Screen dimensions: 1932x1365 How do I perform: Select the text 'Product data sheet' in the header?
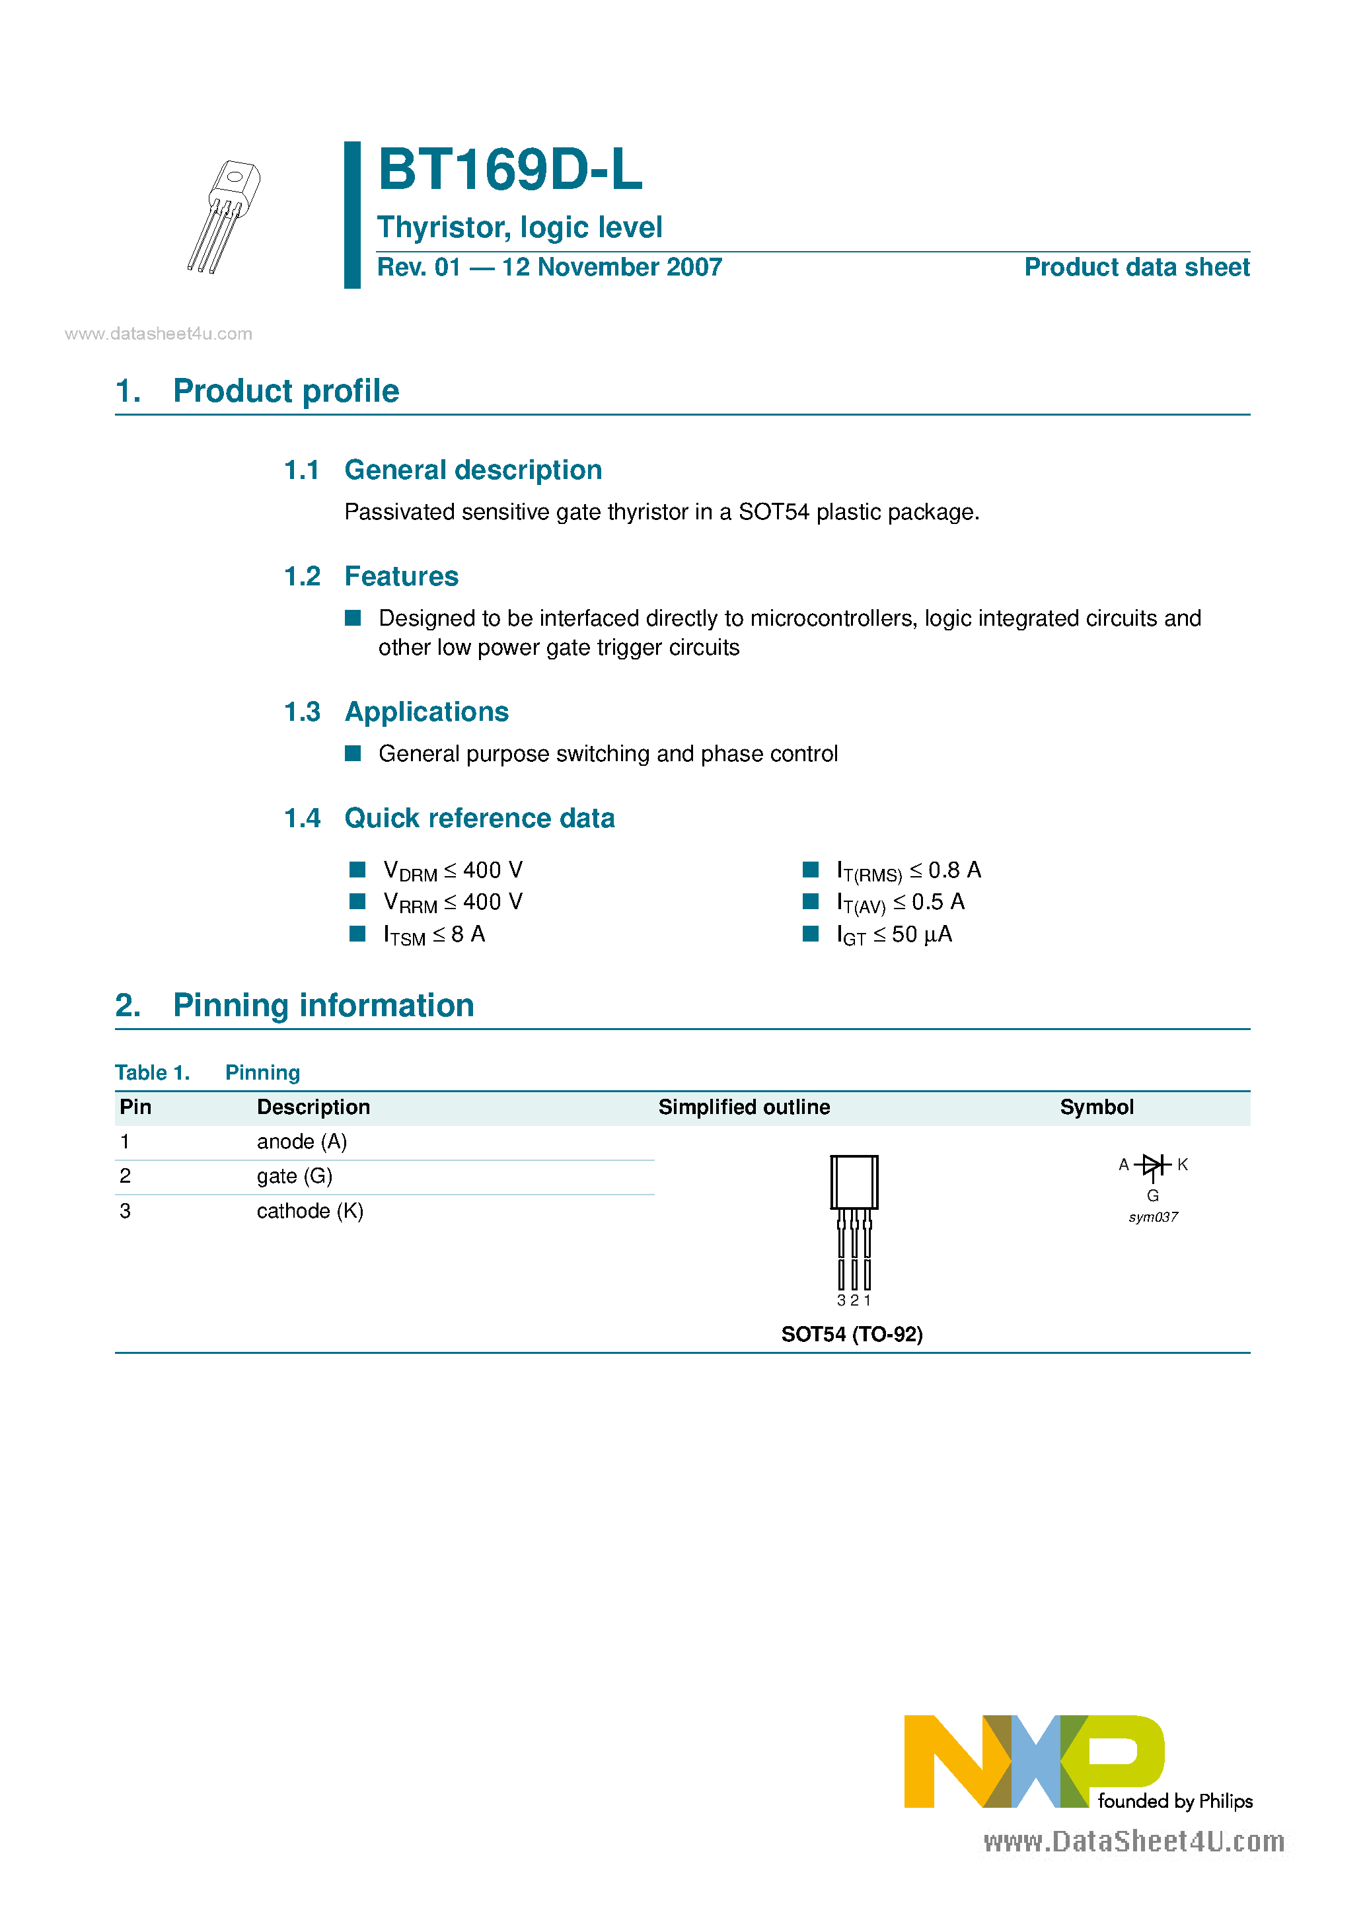click(1136, 268)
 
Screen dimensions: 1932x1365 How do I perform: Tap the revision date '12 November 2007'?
click(612, 268)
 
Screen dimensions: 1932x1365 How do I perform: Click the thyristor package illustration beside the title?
click(224, 216)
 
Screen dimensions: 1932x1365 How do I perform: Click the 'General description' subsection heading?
click(473, 470)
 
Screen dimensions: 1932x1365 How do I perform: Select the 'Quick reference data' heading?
click(479, 818)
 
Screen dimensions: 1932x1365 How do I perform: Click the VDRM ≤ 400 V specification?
click(452, 871)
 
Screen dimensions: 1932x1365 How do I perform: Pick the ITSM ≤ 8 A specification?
click(433, 935)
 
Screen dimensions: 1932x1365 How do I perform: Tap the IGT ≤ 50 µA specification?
click(894, 935)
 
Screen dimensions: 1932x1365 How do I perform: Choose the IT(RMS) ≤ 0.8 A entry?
click(908, 871)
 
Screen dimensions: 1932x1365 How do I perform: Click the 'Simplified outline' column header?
click(744, 1107)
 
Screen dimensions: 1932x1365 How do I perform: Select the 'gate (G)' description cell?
click(295, 1176)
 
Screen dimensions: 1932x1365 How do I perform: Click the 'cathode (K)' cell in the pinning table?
click(310, 1211)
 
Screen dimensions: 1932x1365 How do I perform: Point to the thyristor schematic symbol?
click(1152, 1166)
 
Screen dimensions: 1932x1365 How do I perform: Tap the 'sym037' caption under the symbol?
click(1152, 1218)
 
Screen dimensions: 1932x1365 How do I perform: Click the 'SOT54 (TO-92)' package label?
click(852, 1335)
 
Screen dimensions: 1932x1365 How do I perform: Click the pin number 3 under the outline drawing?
click(840, 1301)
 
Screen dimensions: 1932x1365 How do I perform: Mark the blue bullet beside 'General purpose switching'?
click(353, 753)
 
